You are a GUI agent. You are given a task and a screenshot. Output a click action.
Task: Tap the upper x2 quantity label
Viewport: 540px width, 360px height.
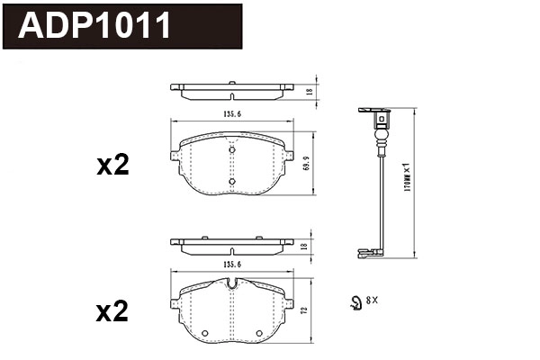tap(112, 166)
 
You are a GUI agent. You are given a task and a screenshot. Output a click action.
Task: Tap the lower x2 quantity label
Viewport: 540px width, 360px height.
tap(112, 312)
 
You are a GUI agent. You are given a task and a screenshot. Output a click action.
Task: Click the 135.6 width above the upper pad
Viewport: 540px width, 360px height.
tap(231, 114)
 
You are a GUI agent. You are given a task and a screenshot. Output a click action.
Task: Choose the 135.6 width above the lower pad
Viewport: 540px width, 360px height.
tap(231, 265)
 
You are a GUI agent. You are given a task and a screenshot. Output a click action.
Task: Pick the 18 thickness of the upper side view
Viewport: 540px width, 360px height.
tap(308, 92)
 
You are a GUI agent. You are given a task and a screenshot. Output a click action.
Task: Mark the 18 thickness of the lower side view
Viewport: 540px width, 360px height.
tap(308, 246)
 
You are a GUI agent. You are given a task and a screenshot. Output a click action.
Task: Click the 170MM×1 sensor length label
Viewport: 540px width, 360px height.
tap(407, 180)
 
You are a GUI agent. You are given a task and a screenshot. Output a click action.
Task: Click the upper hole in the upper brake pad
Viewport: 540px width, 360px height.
tap(231, 150)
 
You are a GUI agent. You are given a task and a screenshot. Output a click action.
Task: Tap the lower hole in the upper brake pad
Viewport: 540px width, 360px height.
tap(231, 182)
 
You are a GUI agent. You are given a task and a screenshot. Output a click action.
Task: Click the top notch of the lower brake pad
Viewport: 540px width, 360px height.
tap(231, 284)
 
